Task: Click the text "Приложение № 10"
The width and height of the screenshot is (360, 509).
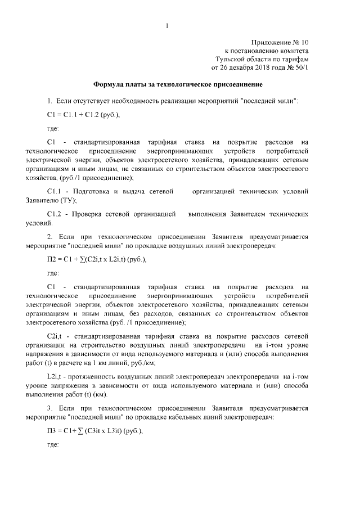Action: (x=280, y=42)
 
